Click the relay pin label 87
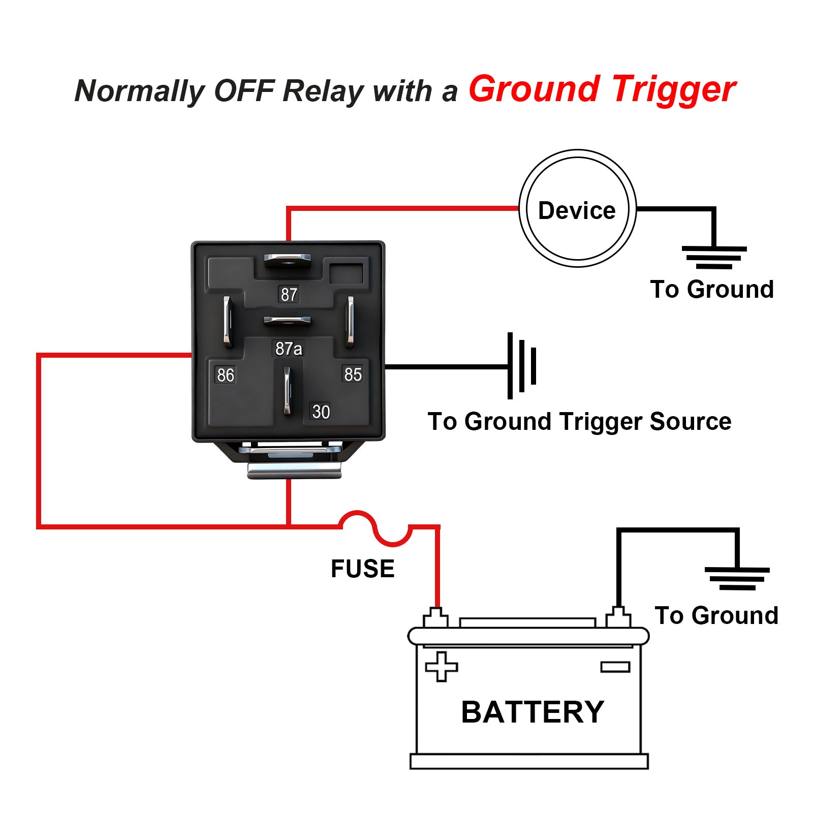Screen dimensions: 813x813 pos(289,294)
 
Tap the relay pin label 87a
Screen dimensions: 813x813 pos(289,349)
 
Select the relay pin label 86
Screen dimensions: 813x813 pos(225,375)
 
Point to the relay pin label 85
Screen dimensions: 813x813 pos(353,374)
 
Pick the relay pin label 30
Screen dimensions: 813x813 pos(321,412)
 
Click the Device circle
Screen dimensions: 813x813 pos(577,208)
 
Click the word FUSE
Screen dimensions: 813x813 pos(362,569)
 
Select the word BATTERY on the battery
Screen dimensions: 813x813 pos(532,712)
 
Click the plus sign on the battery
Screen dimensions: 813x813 pos(441,667)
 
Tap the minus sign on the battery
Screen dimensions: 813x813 pos(615,667)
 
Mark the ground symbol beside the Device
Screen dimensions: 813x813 pos(714,257)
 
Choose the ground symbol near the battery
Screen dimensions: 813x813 pos(737,578)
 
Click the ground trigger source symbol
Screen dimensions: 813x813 pos(521,366)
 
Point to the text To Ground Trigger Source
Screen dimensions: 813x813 pos(579,422)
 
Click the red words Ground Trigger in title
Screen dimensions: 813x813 pos(602,89)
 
